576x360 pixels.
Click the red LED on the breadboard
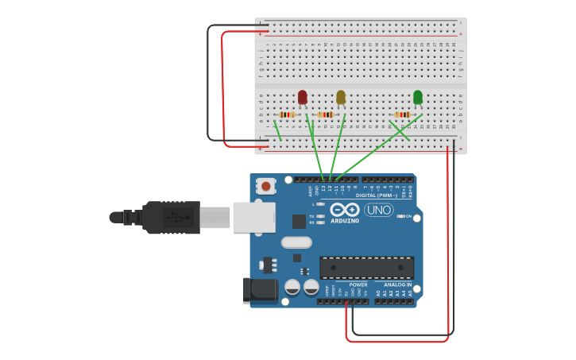[302, 98]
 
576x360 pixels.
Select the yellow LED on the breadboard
[341, 97]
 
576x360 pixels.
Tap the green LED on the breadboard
[418, 97]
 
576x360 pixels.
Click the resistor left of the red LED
[288, 115]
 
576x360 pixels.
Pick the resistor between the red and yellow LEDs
[326, 115]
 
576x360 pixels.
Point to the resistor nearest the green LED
[403, 115]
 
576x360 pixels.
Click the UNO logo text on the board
[378, 210]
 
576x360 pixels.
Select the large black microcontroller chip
[366, 268]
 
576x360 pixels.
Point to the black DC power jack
[261, 291]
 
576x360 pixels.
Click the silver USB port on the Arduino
[253, 217]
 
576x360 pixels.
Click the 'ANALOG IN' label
[398, 285]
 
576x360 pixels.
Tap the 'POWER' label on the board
[358, 285]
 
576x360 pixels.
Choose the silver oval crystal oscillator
[296, 242]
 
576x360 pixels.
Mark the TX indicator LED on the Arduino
[320, 216]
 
